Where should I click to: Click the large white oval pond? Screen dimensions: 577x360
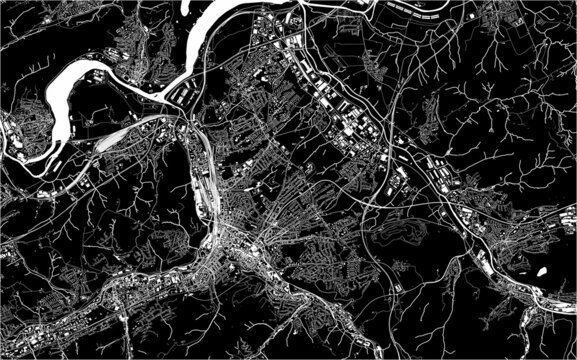pyautogui.click(x=541, y=270)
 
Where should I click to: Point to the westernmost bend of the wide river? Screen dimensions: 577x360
pyautogui.click(x=50, y=106)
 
